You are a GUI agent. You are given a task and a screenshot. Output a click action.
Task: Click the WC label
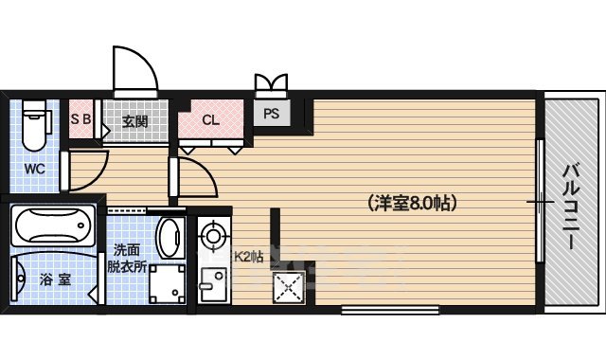tap(34, 170)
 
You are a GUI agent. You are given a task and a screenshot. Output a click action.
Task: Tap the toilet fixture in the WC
tap(33, 129)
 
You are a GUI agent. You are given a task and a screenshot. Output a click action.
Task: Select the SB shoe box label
tap(80, 120)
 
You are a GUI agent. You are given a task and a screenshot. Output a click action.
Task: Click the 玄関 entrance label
tap(134, 121)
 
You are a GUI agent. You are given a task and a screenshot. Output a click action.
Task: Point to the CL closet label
tap(210, 120)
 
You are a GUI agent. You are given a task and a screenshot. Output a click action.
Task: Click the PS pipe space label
tap(272, 116)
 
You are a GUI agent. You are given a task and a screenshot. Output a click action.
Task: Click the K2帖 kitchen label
tap(248, 256)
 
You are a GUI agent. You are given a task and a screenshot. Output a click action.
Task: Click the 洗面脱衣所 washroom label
tap(127, 258)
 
